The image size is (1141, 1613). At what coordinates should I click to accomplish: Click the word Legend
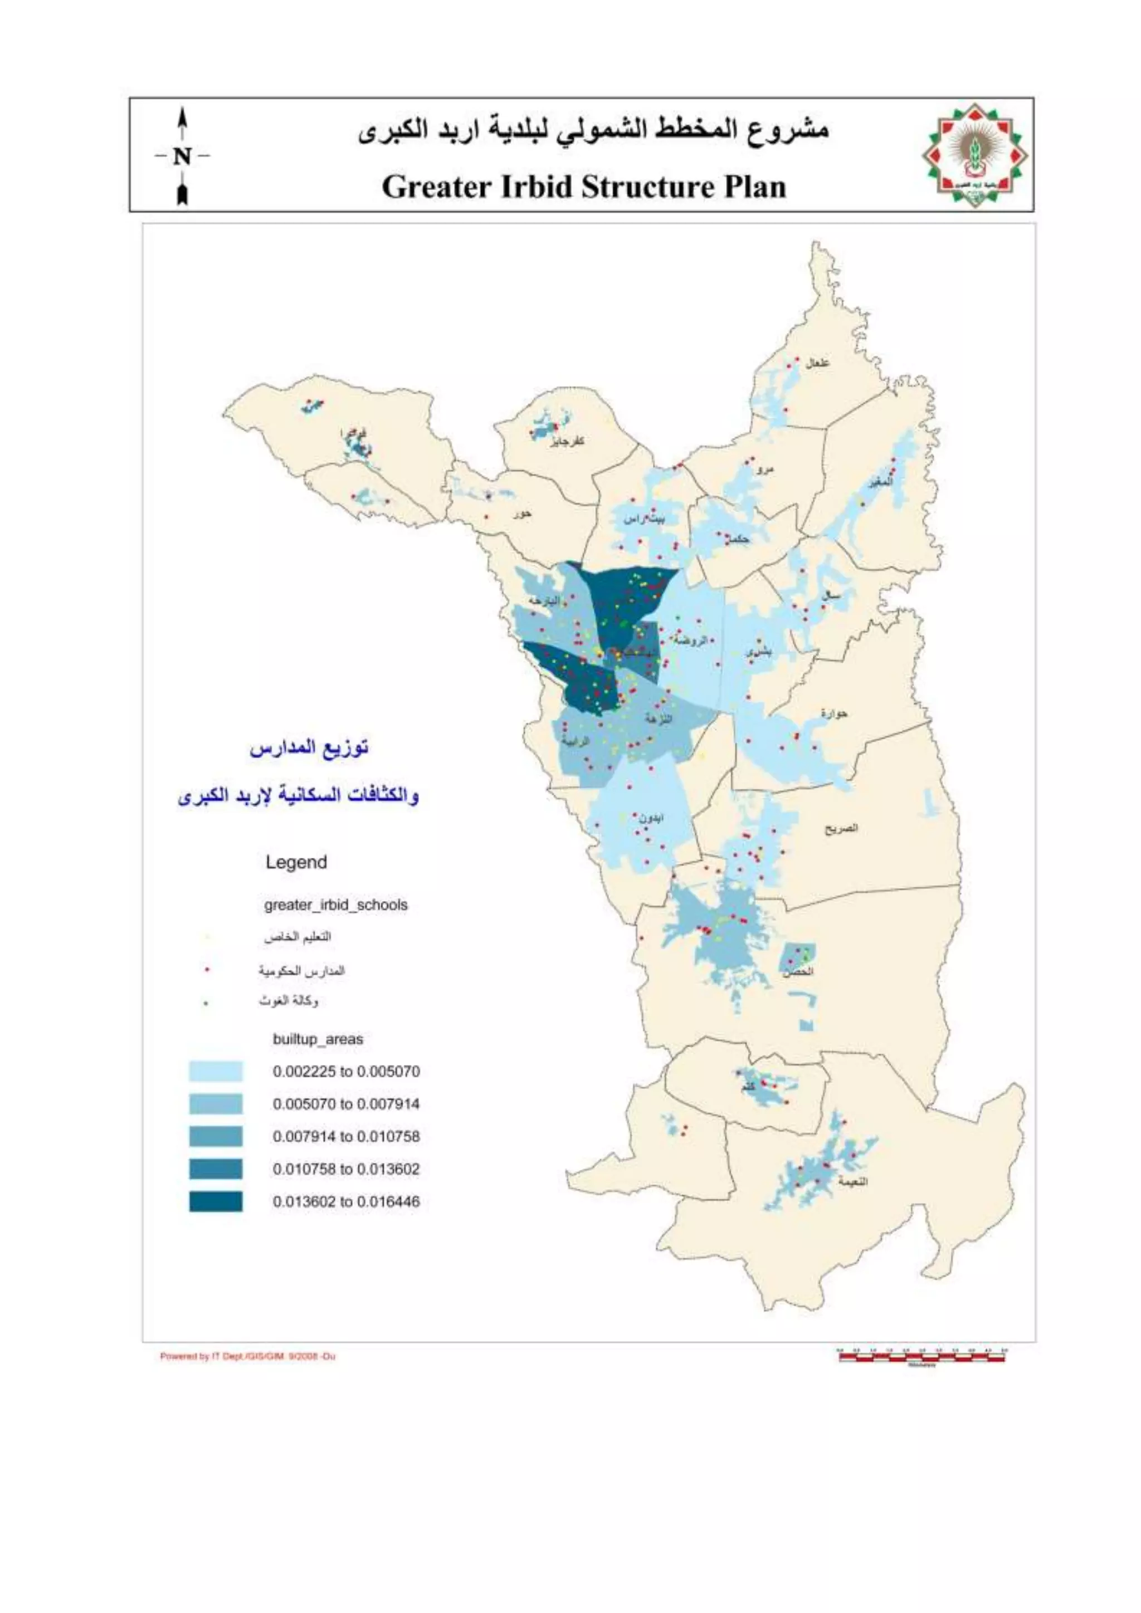coord(296,862)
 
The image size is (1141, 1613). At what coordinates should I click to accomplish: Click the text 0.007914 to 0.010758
coord(345,1136)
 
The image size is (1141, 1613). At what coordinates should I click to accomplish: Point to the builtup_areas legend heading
coord(318,1039)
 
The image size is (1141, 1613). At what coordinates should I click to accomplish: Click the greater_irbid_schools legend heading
coord(336,905)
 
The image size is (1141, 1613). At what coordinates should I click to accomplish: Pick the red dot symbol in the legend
coord(207,970)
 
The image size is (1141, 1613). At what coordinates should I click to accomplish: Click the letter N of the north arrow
coord(182,156)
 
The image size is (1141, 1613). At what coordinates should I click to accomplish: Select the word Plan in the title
coord(754,187)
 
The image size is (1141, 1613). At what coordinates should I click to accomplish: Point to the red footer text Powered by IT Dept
coord(247,1357)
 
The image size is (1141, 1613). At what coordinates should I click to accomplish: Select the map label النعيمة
coord(852,1182)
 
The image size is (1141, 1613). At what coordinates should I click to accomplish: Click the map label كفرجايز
coord(568,441)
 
